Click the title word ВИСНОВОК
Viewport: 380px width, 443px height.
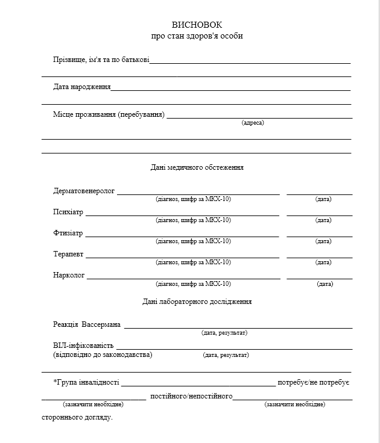(197, 25)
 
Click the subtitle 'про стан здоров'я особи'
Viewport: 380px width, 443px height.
(197, 36)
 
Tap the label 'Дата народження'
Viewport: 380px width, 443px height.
(82, 87)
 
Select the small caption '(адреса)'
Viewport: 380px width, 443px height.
(253, 123)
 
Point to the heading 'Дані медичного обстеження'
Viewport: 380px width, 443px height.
(197, 167)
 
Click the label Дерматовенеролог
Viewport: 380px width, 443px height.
(84, 191)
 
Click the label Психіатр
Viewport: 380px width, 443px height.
(69, 212)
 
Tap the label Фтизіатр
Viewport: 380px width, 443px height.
(68, 234)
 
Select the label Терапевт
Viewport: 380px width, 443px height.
(69, 255)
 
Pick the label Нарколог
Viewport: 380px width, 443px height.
(69, 276)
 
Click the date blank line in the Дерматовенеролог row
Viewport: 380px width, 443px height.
(319, 194)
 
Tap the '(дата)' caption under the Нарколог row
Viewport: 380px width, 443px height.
(325, 283)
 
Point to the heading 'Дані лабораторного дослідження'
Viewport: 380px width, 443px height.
(197, 302)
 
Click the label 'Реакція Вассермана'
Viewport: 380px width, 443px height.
(87, 325)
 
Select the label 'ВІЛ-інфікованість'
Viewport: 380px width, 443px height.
(83, 346)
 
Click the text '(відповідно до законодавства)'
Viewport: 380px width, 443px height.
(103, 355)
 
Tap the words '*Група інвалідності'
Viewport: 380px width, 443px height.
(86, 382)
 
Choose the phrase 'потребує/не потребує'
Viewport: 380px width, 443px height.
(314, 383)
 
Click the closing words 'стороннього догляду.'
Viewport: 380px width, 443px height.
(77, 417)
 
